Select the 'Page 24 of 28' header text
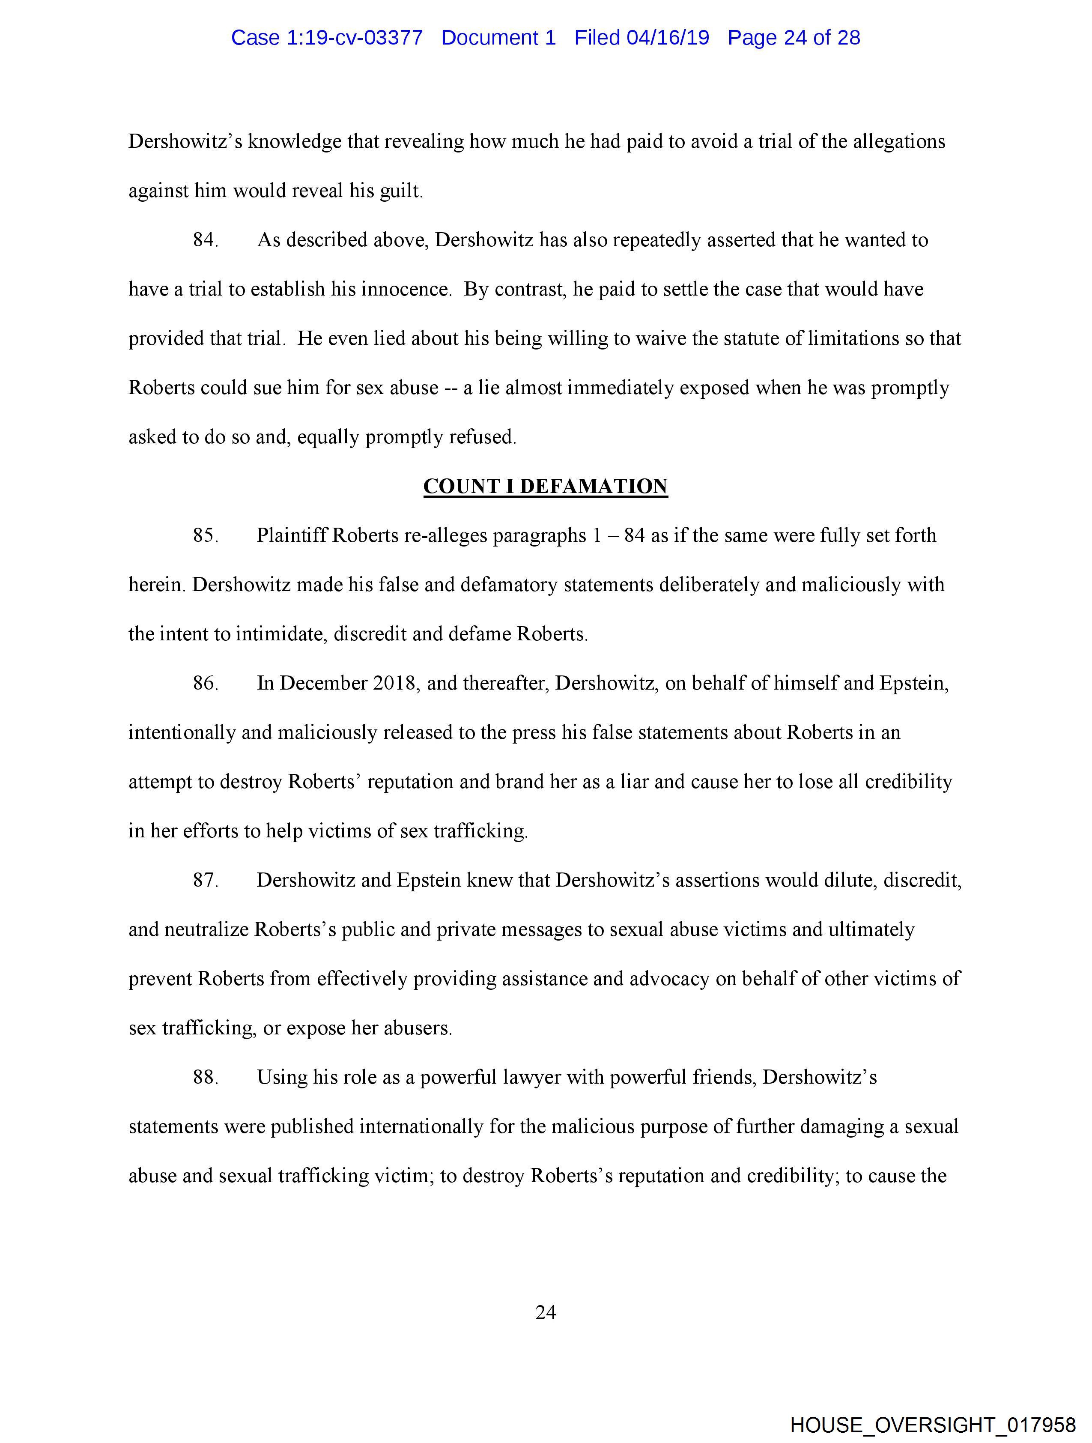click(794, 38)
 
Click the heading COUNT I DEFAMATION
click(545, 486)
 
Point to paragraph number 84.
click(204, 240)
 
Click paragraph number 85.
click(204, 535)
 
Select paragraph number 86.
click(204, 683)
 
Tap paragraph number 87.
click(204, 880)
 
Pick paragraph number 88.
click(204, 1077)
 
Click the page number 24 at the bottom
click(545, 1312)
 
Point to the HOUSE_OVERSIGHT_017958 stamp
click(933, 1425)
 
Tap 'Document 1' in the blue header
click(498, 38)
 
